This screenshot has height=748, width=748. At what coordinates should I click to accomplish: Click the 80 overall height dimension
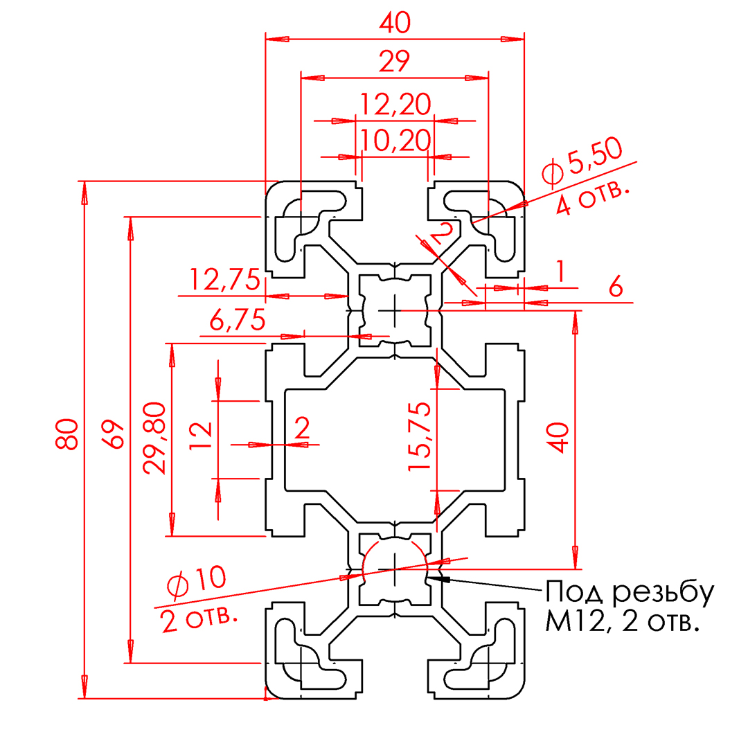click(66, 434)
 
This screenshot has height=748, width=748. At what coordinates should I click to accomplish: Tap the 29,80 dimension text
click(154, 438)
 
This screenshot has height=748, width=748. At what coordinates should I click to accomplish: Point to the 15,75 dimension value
click(419, 436)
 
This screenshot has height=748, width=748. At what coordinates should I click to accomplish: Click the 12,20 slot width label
click(395, 105)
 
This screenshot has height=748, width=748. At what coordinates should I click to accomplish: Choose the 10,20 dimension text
click(395, 141)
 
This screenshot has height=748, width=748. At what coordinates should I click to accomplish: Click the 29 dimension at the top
click(395, 62)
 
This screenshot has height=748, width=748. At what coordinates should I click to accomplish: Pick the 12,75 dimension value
click(225, 280)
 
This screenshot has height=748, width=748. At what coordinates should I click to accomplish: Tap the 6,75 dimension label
click(238, 319)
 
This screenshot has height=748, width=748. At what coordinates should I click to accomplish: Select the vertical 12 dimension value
click(200, 435)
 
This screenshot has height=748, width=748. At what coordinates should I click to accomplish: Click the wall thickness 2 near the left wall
click(302, 427)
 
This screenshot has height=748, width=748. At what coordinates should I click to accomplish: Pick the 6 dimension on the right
click(616, 287)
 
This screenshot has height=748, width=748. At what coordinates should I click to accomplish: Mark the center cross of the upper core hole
click(395, 311)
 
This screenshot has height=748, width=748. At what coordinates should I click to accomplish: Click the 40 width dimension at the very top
click(395, 22)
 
